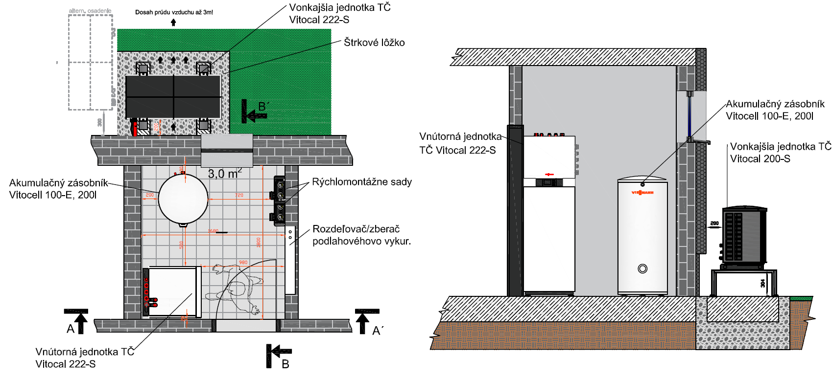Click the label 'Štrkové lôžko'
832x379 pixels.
click(x=374, y=43)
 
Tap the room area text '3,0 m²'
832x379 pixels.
click(x=225, y=174)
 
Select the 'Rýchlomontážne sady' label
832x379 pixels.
click(x=362, y=182)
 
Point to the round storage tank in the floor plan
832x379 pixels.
click(x=183, y=198)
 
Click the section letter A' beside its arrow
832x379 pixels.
click(x=377, y=331)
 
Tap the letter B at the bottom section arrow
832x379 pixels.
click(x=285, y=364)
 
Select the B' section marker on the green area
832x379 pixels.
click(x=263, y=107)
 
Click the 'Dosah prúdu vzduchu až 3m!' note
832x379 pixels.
click(x=174, y=12)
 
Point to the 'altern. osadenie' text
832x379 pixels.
click(x=90, y=11)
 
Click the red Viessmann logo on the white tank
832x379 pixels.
click(x=642, y=193)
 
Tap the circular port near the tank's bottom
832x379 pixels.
click(x=642, y=268)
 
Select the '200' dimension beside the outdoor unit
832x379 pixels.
click(x=714, y=223)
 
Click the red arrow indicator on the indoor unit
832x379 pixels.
click(x=549, y=175)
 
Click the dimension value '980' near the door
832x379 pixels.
click(x=243, y=263)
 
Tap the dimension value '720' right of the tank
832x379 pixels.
click(x=239, y=195)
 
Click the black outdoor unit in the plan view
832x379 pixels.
click(x=173, y=96)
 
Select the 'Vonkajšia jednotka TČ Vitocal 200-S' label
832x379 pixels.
click(x=780, y=153)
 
